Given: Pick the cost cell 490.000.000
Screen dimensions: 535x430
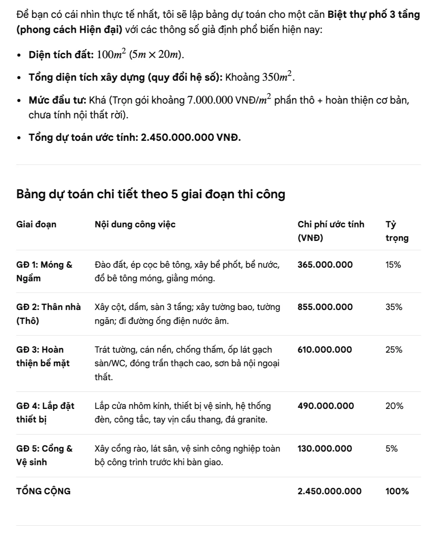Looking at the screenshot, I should point(326,406).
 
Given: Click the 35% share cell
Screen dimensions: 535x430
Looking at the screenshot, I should point(394,307).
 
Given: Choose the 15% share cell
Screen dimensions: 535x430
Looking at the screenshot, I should point(393,265).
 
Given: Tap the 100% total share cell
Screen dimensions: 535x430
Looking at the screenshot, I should point(397,491).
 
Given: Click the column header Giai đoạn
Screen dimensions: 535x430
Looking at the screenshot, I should point(36,224).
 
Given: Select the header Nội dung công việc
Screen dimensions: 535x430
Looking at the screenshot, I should point(135,224).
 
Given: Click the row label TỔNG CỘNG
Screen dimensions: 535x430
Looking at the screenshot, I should point(43,491).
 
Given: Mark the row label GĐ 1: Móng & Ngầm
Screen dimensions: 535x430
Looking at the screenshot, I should point(44,271).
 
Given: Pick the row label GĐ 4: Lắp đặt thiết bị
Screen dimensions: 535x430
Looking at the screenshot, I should point(45,412).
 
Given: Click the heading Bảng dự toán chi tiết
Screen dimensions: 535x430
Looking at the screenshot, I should point(151,194).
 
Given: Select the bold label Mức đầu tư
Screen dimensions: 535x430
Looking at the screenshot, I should point(57,100).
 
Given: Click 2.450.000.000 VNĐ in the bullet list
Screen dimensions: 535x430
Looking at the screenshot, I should point(191,137).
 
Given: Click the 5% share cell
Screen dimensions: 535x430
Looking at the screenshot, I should point(391,448).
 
